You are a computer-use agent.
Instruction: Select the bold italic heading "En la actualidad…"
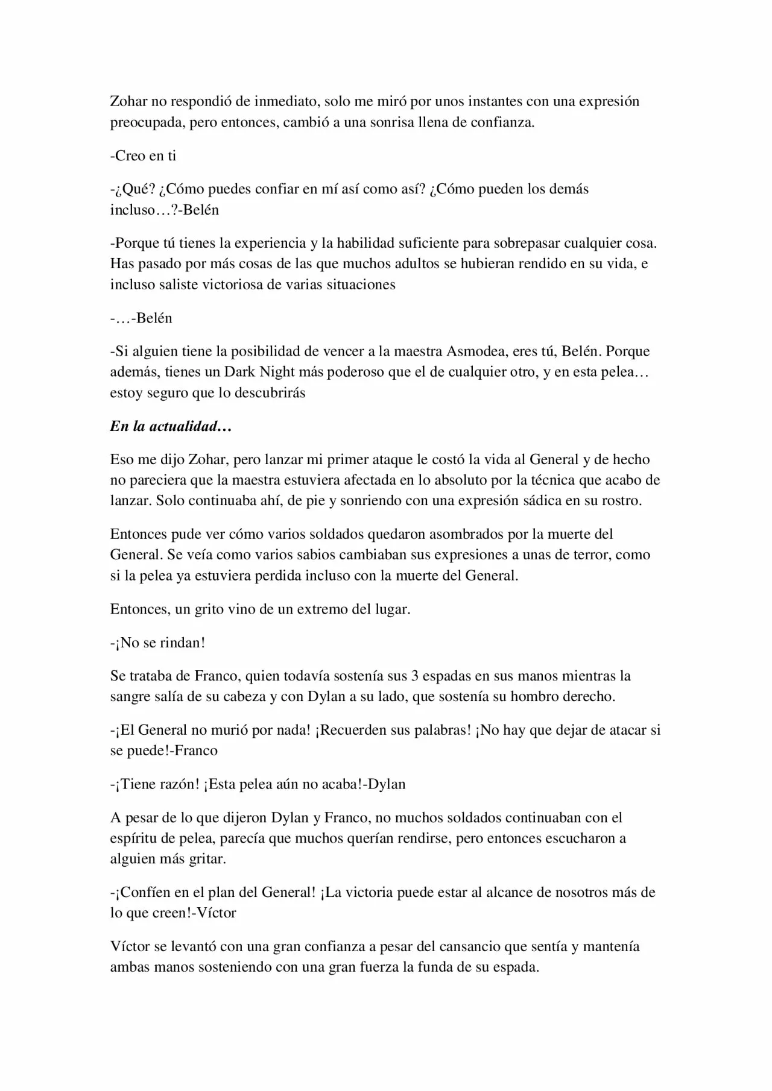(171, 426)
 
